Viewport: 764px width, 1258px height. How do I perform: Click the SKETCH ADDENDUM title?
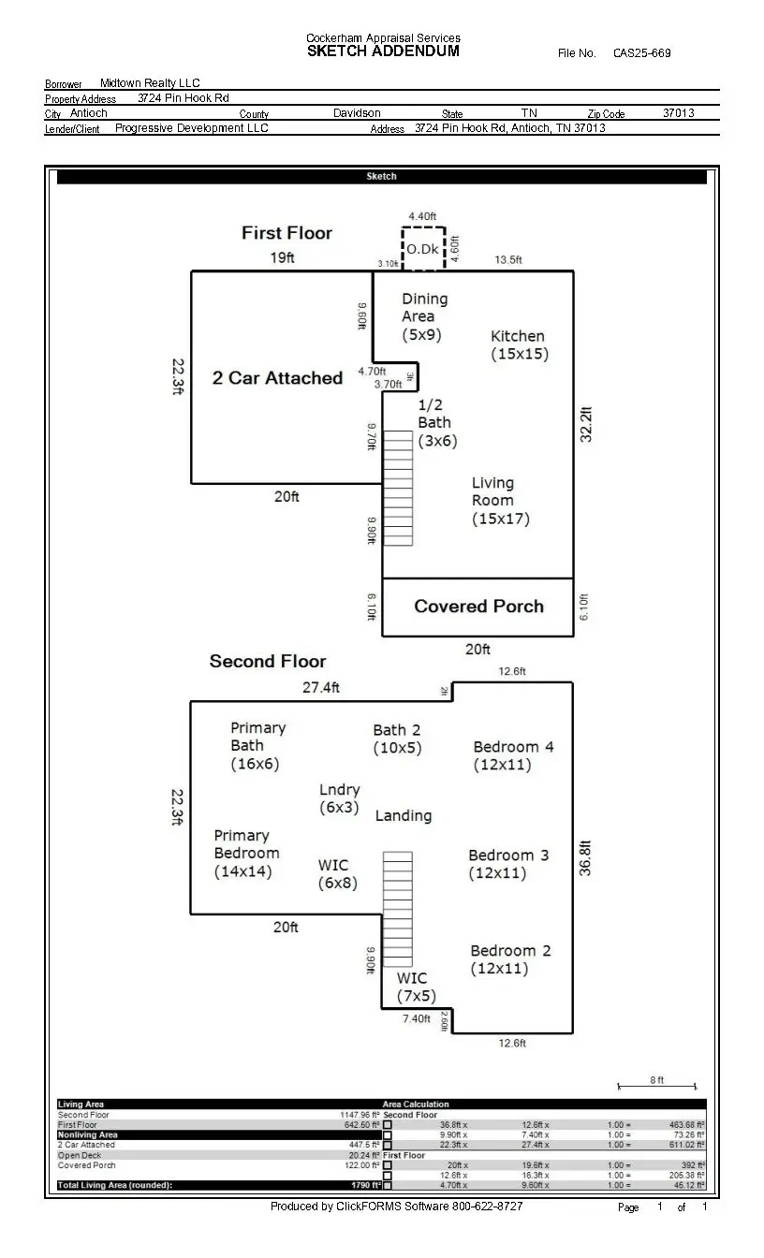383,51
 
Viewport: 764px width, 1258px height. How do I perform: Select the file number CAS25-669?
641,53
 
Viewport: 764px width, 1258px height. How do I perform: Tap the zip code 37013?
678,113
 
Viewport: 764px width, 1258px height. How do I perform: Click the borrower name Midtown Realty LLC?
150,83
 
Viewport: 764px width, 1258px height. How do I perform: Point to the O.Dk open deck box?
422,249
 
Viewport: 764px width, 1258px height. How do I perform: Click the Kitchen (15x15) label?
519,344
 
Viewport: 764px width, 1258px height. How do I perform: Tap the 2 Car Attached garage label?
277,378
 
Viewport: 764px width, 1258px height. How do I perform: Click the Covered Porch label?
478,607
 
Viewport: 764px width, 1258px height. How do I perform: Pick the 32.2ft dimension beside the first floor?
587,424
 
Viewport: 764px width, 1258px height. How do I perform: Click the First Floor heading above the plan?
286,233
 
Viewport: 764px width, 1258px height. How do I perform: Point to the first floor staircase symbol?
398,488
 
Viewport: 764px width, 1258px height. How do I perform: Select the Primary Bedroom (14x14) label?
246,853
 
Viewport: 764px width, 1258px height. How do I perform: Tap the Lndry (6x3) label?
339,798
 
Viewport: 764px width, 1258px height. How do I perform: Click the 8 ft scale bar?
657,1086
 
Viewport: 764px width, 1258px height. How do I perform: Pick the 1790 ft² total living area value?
364,1185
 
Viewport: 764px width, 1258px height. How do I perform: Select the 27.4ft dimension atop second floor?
320,688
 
